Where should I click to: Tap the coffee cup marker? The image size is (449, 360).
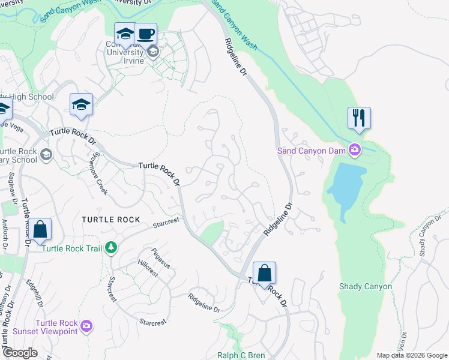click(x=145, y=33)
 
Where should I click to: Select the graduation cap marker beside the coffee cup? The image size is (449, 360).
click(x=125, y=34)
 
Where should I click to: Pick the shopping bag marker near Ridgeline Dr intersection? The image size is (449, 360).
click(x=264, y=273)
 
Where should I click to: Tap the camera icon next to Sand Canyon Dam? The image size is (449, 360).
click(x=355, y=149)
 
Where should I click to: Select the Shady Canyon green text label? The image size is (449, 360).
click(x=365, y=286)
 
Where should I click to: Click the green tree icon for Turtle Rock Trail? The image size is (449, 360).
click(x=110, y=248)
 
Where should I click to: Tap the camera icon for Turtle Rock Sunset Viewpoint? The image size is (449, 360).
click(x=87, y=326)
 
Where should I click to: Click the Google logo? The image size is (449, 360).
click(x=20, y=353)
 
